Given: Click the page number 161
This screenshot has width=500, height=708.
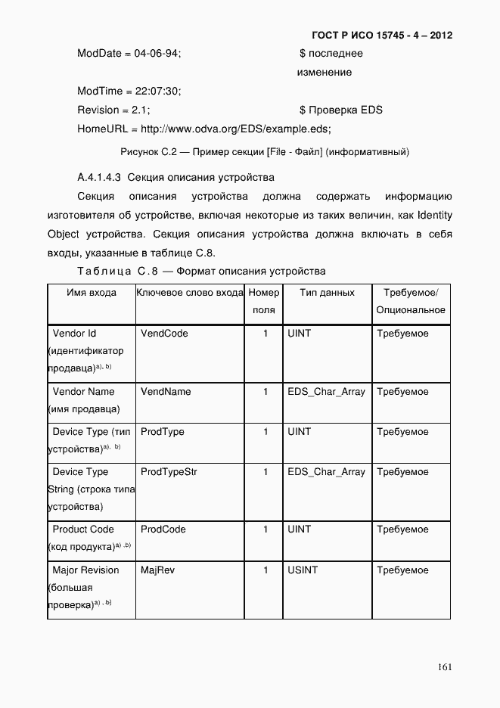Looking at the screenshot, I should coord(445,666).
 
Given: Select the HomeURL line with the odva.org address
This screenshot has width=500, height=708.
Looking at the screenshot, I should coord(204,129).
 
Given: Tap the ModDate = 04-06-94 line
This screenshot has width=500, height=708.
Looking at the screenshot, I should coord(129,54).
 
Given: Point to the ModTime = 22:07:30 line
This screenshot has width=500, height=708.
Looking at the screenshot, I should coord(129,92).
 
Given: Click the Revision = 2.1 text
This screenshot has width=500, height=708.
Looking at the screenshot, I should coord(113,110).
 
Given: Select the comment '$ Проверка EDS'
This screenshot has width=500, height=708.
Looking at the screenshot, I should coord(340,110).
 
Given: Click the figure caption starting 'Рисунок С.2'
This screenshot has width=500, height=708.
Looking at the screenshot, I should coord(265,152).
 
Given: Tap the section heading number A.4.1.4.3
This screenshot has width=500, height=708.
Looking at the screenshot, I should coord(99,179).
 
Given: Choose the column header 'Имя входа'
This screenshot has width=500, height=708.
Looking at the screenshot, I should coord(92,293).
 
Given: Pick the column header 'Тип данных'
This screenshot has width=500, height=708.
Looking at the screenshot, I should coord(327,293).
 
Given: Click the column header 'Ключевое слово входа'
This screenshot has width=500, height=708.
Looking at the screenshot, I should coord(190,293).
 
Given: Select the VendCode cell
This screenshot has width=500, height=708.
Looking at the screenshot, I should coord(164,334).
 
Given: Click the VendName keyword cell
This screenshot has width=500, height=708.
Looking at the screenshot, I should coord(166,392).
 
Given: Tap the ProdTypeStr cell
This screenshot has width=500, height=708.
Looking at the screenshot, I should coord(169,472).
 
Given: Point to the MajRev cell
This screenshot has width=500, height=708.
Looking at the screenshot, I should coord(157,570).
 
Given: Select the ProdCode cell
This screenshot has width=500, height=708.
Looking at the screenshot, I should coord(163,529).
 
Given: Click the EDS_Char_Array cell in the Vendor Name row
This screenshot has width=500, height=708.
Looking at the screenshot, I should coord(326,392).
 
